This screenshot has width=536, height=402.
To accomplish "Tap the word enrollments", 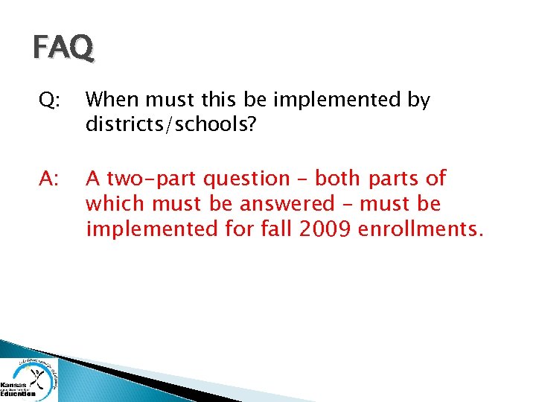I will [421, 229].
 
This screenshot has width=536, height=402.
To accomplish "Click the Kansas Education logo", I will [29, 380].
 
